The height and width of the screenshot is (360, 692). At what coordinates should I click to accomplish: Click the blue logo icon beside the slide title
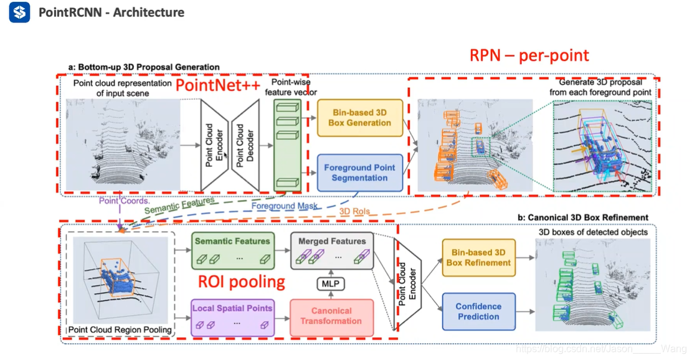coord(19,12)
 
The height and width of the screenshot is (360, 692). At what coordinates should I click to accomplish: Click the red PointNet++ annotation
coord(217,85)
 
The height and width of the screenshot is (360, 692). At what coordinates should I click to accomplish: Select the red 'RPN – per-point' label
coord(529,55)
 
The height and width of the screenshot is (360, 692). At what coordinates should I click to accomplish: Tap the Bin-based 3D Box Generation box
coord(359,118)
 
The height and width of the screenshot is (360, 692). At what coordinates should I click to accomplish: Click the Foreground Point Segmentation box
coord(359,173)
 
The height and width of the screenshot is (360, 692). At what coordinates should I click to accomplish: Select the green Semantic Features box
coord(232,250)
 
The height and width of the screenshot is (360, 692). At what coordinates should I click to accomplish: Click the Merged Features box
coord(332,250)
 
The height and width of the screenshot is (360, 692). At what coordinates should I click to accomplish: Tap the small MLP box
coord(331,283)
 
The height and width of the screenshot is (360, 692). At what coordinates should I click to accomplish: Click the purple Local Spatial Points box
coord(232,318)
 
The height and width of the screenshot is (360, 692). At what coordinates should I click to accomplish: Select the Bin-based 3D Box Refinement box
coord(479,258)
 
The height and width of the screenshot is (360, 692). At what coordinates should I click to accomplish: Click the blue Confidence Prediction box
coord(479,311)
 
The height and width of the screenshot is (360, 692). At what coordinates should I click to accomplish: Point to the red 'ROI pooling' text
coord(242,282)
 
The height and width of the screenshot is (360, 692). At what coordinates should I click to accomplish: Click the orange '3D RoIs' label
coord(354,211)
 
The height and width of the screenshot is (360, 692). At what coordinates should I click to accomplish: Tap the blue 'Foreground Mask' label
coord(285,206)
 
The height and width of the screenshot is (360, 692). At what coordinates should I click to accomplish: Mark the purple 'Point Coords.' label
coord(124,201)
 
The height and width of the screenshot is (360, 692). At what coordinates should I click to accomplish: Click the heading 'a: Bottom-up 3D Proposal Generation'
coord(144,67)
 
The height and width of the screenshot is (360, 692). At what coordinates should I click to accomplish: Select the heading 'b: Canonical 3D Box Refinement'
coord(582,217)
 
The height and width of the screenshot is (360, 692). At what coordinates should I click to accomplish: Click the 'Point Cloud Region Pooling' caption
coord(120,329)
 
